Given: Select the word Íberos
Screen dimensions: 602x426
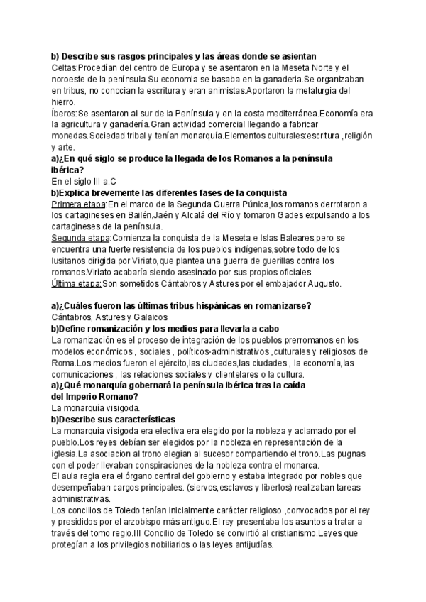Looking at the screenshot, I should pyautogui.click(x=64, y=113).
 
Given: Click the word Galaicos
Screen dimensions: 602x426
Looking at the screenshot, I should pyautogui.click(x=146, y=317).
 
